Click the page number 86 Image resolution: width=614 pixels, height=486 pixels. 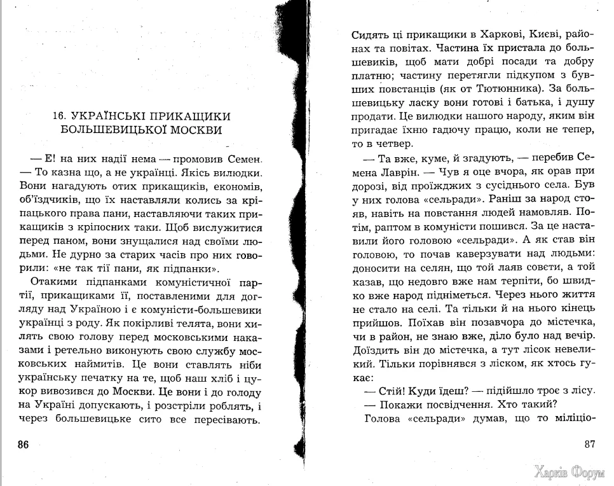tap(23, 444)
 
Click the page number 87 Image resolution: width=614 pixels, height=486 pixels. tap(591, 444)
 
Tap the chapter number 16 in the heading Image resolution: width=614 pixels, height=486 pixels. tap(60, 116)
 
